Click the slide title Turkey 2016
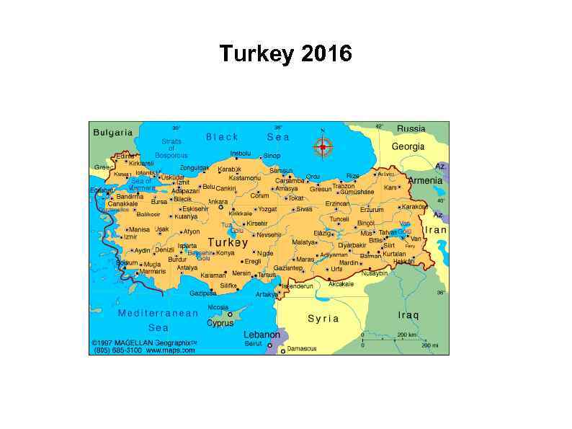tap(285, 54)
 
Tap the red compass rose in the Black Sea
tap(323, 147)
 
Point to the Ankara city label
tap(218, 202)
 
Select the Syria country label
tap(323, 318)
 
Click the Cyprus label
tap(220, 323)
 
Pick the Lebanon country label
tap(262, 335)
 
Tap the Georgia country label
tap(408, 146)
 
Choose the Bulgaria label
tap(113, 132)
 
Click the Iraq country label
tap(408, 315)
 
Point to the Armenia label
tap(425, 180)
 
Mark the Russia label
tap(411, 128)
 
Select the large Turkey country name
tap(228, 243)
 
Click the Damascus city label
tap(302, 349)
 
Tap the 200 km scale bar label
tap(407, 335)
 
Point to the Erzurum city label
tap(372, 210)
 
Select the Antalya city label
tap(187, 267)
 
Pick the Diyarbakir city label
tap(352, 245)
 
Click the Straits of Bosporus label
tap(171, 148)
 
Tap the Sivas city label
tap(304, 209)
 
